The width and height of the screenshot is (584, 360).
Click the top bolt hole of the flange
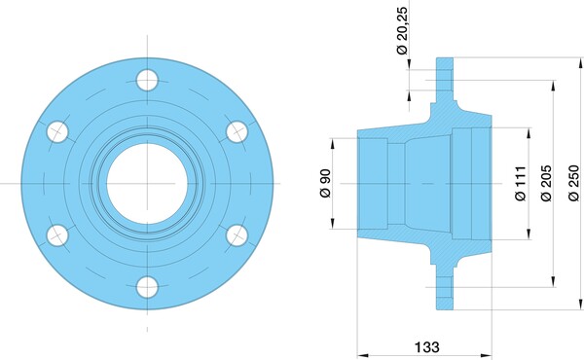(x=147, y=80)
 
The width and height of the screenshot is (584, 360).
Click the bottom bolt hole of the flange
(x=147, y=287)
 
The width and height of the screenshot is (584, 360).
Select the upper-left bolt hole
(x=57, y=131)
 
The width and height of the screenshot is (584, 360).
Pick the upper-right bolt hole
(x=237, y=131)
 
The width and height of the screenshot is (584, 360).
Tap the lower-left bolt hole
(x=57, y=235)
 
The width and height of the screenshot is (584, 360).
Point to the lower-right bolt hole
(x=237, y=235)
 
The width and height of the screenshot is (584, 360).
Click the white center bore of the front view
(x=147, y=184)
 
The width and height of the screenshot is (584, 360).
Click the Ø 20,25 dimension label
(x=402, y=30)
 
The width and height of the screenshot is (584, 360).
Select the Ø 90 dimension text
(x=325, y=183)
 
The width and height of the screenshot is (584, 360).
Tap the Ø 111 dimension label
(x=521, y=183)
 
